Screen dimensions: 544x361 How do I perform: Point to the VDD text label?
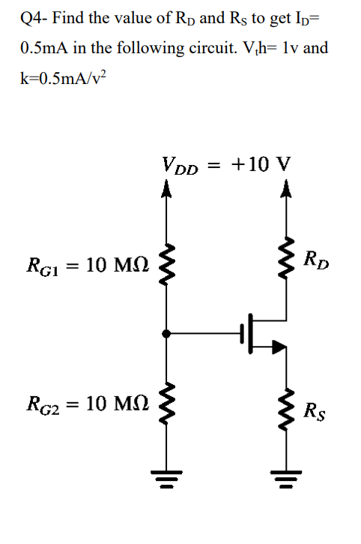pos(180,166)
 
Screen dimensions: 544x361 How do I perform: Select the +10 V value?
pos(262,164)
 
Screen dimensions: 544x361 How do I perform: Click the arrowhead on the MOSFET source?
pos(278,346)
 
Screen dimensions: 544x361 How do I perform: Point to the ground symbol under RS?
pos(284,475)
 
